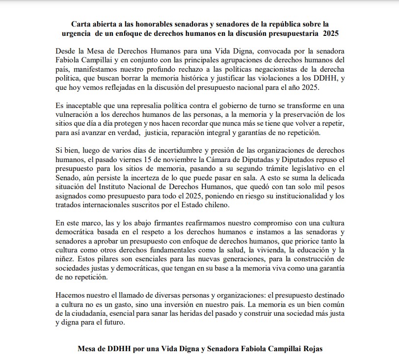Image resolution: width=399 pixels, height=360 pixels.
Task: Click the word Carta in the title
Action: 82,23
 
